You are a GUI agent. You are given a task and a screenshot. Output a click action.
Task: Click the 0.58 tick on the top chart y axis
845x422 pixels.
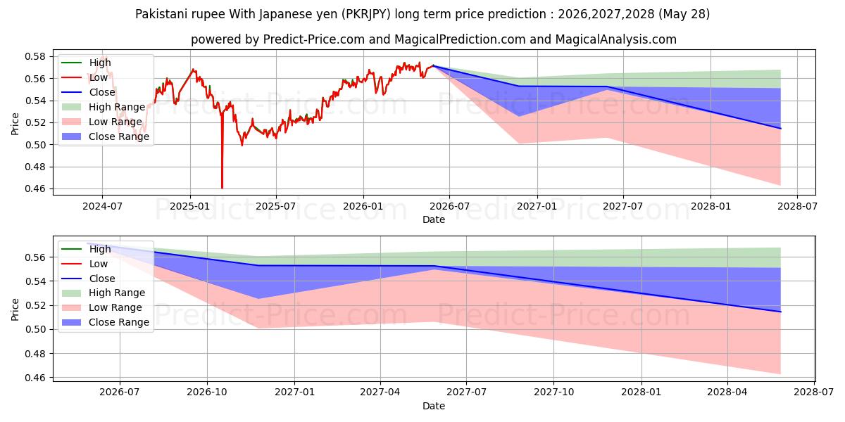pyautogui.click(x=35, y=56)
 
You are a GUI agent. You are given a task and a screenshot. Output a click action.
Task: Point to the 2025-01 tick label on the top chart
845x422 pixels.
pyautogui.click(x=189, y=207)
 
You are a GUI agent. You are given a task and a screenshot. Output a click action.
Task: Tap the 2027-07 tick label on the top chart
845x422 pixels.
pyautogui.click(x=622, y=207)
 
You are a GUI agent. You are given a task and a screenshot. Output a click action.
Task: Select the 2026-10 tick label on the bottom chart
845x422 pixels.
pyautogui.click(x=207, y=392)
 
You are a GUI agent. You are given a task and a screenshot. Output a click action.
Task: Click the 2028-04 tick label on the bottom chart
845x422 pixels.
pyautogui.click(x=727, y=392)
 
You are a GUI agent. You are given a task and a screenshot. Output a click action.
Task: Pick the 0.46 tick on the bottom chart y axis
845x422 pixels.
pyautogui.click(x=35, y=378)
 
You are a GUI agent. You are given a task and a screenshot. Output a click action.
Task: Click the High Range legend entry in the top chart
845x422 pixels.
pyautogui.click(x=104, y=107)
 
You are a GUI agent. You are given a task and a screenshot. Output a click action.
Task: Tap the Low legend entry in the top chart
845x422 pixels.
pyautogui.click(x=84, y=77)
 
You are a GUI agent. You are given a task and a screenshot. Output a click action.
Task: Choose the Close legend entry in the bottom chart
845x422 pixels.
pyautogui.click(x=88, y=279)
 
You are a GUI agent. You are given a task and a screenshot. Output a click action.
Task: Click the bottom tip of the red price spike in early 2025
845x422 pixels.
pyautogui.click(x=223, y=188)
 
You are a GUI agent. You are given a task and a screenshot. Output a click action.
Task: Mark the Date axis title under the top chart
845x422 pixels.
pyautogui.click(x=434, y=219)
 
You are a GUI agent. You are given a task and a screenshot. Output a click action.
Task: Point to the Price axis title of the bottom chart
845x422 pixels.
pyautogui.click(x=15, y=309)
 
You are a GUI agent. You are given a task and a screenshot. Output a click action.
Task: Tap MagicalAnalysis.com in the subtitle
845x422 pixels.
pyautogui.click(x=616, y=39)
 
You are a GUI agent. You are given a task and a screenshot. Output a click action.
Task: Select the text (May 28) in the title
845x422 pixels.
pyautogui.click(x=684, y=14)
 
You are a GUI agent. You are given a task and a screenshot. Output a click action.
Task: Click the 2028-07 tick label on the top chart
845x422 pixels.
pyautogui.click(x=797, y=207)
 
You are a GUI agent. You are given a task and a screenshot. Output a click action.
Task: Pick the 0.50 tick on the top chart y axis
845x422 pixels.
pyautogui.click(x=35, y=145)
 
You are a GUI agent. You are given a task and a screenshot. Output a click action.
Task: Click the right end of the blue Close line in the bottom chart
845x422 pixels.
pyautogui.click(x=780, y=312)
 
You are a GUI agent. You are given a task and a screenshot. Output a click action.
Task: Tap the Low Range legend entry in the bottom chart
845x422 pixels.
pyautogui.click(x=102, y=307)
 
